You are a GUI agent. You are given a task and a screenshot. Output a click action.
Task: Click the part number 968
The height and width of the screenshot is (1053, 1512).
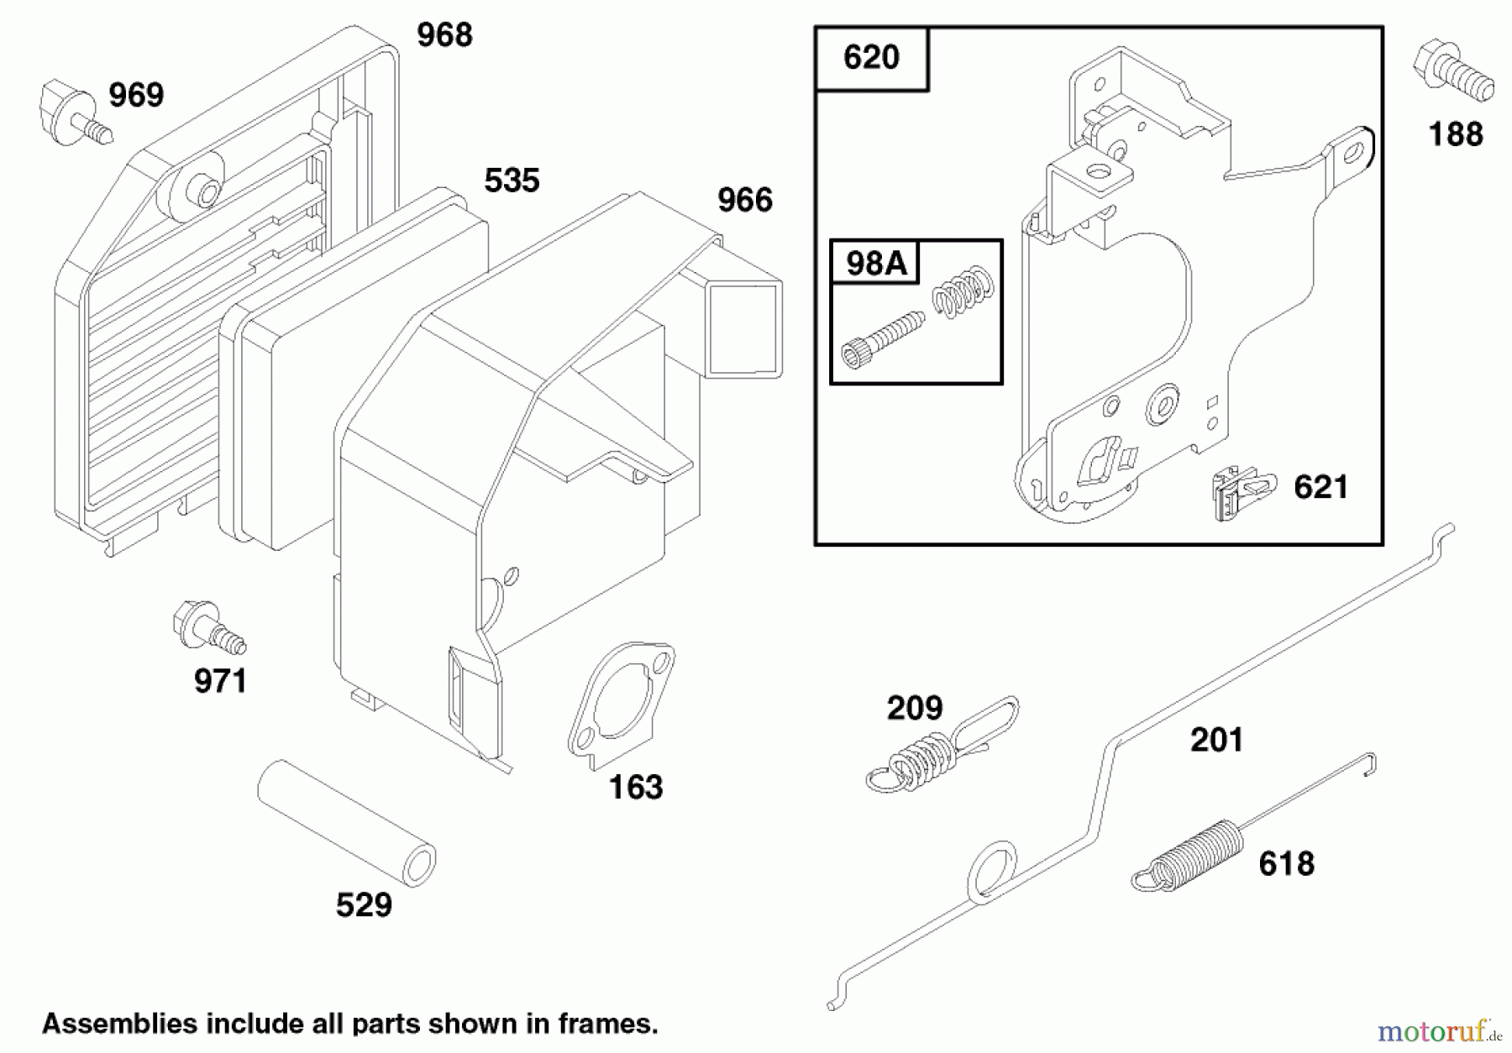[x=444, y=35]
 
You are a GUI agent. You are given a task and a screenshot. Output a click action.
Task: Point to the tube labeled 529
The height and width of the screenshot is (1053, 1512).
[x=346, y=823]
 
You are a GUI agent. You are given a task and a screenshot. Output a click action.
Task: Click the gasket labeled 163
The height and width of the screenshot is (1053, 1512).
[x=622, y=705]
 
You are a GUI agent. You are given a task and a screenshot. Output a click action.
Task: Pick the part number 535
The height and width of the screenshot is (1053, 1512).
[x=512, y=181]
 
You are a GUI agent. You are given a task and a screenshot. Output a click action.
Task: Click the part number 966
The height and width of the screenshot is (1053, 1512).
[x=744, y=200]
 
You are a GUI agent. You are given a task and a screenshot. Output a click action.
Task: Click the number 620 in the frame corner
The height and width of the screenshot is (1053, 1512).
[x=871, y=57]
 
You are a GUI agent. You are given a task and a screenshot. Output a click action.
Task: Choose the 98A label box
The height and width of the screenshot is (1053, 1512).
[x=875, y=263]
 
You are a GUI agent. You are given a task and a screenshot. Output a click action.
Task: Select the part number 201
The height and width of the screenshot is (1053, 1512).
[x=1216, y=740]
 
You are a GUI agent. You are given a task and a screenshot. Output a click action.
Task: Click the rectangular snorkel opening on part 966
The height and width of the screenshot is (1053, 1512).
[x=746, y=327]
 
